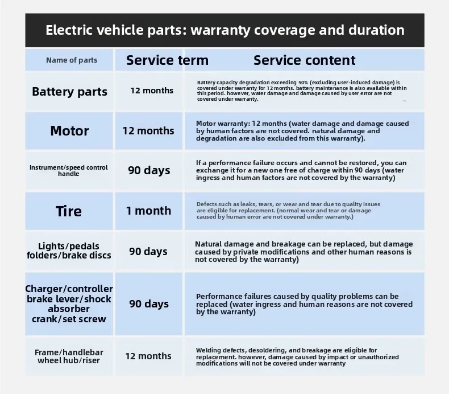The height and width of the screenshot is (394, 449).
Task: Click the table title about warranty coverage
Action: (x=224, y=30)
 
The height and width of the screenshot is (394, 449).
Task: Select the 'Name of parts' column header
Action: (x=71, y=60)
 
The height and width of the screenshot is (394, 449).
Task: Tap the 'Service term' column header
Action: (x=167, y=60)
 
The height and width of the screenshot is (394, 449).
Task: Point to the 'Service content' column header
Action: (x=304, y=60)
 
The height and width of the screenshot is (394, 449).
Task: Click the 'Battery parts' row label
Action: (x=69, y=92)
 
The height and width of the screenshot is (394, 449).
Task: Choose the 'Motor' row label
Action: (x=69, y=131)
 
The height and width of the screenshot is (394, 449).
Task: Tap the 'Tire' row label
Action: (x=69, y=211)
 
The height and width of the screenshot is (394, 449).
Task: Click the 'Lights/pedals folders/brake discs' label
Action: (x=69, y=251)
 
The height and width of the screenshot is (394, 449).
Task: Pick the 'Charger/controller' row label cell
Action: (x=69, y=304)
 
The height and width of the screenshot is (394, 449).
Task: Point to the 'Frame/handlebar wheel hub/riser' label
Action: (x=69, y=356)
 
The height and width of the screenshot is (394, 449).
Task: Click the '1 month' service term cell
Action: (x=148, y=211)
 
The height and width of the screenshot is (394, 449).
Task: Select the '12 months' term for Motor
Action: (x=148, y=130)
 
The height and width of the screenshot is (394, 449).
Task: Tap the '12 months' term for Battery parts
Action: (x=152, y=91)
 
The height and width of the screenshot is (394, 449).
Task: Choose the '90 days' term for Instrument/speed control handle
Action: (x=149, y=170)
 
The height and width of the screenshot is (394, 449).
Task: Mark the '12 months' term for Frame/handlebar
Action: (x=148, y=356)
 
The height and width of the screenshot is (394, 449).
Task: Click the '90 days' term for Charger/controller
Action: (x=149, y=303)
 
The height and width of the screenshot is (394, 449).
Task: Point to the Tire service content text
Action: (x=288, y=210)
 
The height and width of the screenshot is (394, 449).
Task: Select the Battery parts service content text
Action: (x=302, y=91)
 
